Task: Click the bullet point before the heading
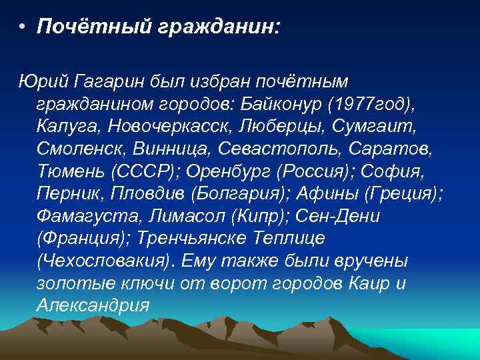point(22,29)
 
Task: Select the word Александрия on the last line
point(93,306)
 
